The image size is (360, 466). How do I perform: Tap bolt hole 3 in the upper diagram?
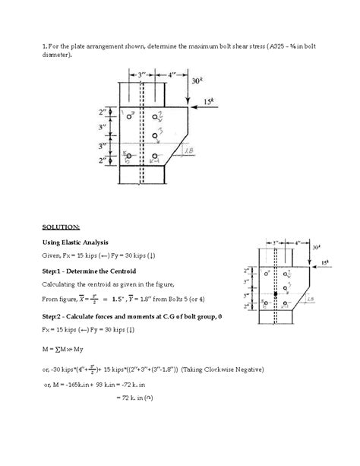pos(155,137)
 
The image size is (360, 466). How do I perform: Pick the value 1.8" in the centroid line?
pos(159,299)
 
